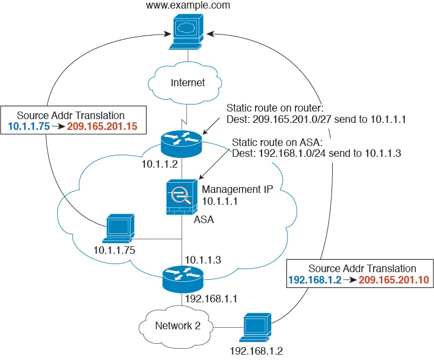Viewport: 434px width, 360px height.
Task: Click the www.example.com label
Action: coord(188,6)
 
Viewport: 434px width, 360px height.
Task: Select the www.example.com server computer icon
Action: coord(187,33)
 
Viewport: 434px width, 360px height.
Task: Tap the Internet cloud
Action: coord(188,82)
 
